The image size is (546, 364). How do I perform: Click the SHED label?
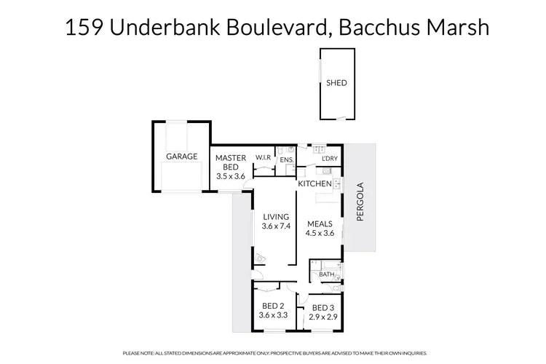[336, 83]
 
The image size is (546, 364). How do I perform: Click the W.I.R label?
[262, 158]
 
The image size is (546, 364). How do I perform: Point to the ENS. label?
[286, 159]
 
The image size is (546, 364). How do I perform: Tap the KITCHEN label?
[314, 184]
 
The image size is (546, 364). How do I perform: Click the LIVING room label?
[276, 216]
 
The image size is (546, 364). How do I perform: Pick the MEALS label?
[320, 223]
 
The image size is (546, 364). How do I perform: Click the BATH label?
[326, 274]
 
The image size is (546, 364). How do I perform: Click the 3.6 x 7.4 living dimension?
[276, 226]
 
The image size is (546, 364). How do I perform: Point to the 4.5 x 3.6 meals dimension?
[320, 233]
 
